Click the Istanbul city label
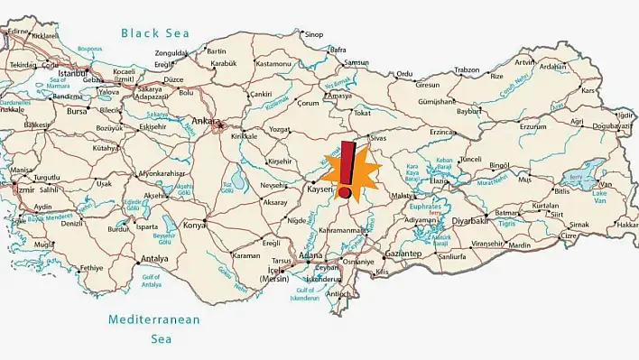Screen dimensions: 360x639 71,71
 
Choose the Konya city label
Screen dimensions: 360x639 194,225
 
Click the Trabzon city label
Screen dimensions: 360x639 467,69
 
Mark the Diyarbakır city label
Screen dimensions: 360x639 470,220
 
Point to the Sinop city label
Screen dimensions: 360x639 313,35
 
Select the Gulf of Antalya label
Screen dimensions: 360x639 152,280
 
